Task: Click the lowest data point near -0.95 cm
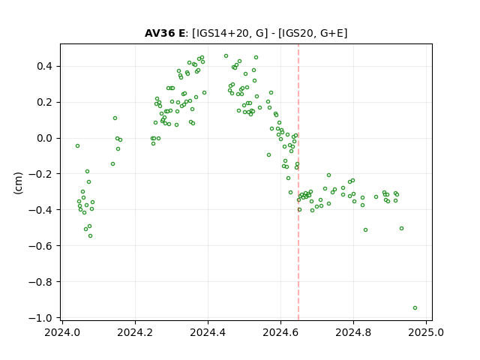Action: coord(415,308)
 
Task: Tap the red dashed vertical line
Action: coord(298,182)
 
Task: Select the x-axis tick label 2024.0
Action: coord(62,332)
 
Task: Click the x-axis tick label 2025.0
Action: coord(426,332)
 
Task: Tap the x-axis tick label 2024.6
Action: coord(280,332)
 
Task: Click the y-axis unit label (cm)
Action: coord(18,183)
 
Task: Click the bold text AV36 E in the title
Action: coord(165,33)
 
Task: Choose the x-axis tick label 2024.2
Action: coord(135,332)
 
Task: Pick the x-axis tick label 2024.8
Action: coord(353,332)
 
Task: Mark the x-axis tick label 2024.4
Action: coord(208,332)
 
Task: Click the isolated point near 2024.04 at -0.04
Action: coord(77,146)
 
